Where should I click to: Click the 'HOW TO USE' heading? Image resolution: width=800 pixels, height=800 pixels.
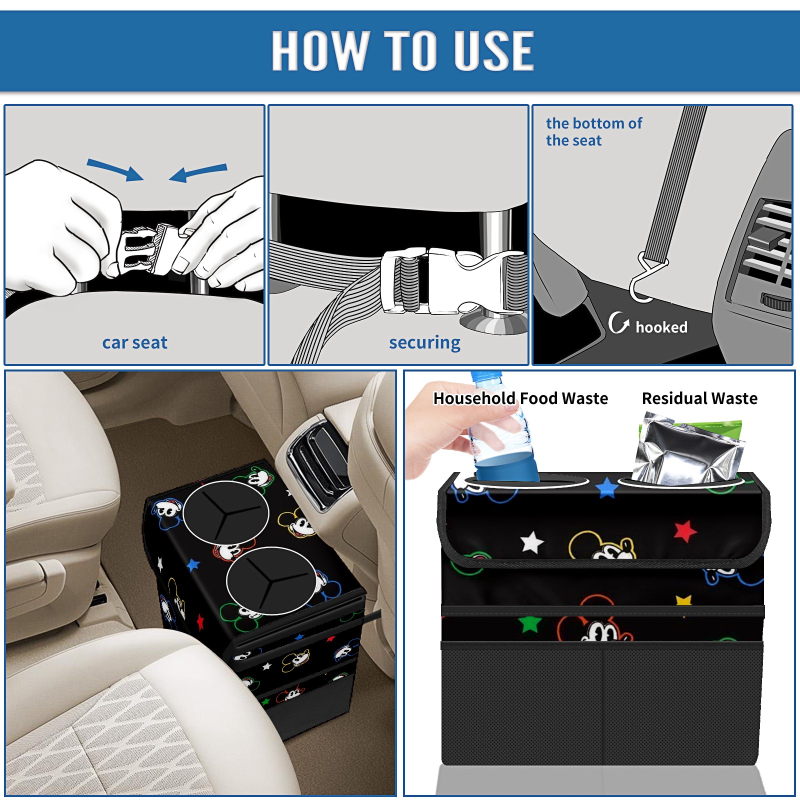(x=403, y=50)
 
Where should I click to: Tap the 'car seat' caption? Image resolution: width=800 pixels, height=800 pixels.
(x=134, y=342)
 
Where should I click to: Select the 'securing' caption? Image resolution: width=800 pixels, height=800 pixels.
(x=424, y=342)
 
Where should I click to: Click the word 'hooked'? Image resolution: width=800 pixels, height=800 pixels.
(x=661, y=327)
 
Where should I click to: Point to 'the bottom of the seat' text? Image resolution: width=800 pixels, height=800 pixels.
(x=593, y=131)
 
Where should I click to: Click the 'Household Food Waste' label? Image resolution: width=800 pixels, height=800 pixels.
(x=520, y=398)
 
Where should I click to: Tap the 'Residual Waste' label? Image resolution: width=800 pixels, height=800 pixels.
(x=699, y=398)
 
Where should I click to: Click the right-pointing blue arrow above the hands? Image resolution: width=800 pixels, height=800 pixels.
(x=115, y=169)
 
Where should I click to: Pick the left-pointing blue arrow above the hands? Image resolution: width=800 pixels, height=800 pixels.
(x=198, y=173)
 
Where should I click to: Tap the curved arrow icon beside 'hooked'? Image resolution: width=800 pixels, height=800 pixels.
(x=618, y=323)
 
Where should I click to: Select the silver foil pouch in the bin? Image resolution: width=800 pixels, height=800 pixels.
(x=686, y=449)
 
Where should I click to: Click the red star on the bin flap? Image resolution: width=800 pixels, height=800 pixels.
(x=685, y=531)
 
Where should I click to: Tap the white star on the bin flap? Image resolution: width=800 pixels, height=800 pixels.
(x=532, y=542)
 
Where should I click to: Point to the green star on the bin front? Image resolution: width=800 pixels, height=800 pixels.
(x=529, y=623)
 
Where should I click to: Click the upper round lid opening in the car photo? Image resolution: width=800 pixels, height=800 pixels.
(x=226, y=512)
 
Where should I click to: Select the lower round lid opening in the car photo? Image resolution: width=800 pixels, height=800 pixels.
(x=271, y=580)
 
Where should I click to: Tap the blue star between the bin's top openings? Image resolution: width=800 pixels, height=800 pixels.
(x=607, y=487)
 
